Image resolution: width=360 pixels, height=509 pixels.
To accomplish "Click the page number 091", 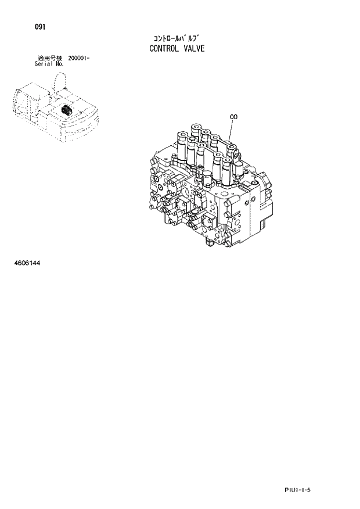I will [41, 27].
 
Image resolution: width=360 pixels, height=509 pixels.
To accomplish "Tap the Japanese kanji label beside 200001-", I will [49, 58].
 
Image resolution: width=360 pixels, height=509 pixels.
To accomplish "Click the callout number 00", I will [234, 117].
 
